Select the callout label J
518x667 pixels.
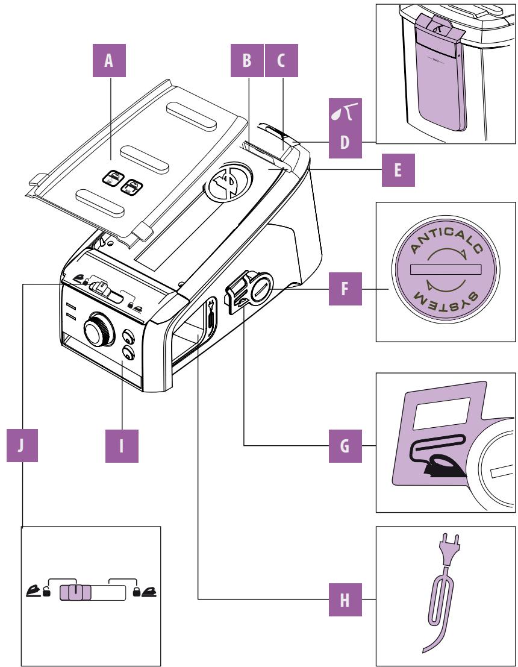[x=20, y=446]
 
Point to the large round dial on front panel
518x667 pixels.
[x=96, y=329]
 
